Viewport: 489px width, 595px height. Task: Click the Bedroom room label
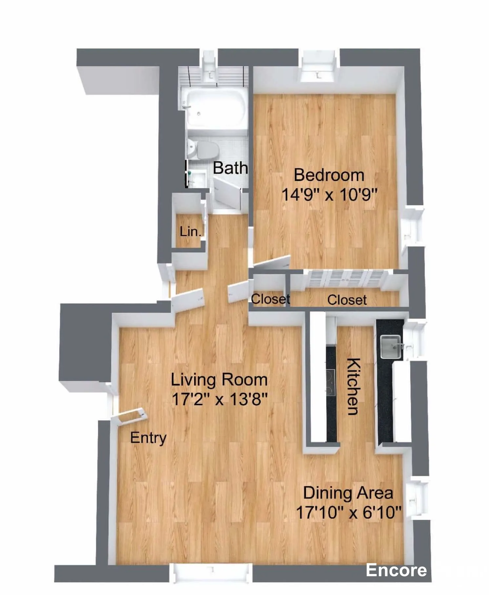[329, 175]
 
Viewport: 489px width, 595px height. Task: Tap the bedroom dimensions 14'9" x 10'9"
[330, 194]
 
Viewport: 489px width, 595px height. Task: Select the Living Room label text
[219, 380]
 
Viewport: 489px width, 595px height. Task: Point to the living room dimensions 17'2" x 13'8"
[219, 399]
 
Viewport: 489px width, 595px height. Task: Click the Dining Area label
[348, 493]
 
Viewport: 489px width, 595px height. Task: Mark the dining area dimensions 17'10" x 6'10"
[349, 512]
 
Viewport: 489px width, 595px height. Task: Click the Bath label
[230, 168]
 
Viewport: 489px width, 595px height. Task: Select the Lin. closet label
[190, 231]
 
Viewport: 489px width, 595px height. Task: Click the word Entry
[148, 438]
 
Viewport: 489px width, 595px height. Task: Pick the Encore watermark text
[396, 570]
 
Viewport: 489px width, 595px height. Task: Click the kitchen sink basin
[390, 347]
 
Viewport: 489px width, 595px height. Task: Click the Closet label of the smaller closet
[270, 299]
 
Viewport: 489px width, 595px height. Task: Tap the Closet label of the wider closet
[347, 300]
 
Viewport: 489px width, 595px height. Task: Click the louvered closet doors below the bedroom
[347, 279]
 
